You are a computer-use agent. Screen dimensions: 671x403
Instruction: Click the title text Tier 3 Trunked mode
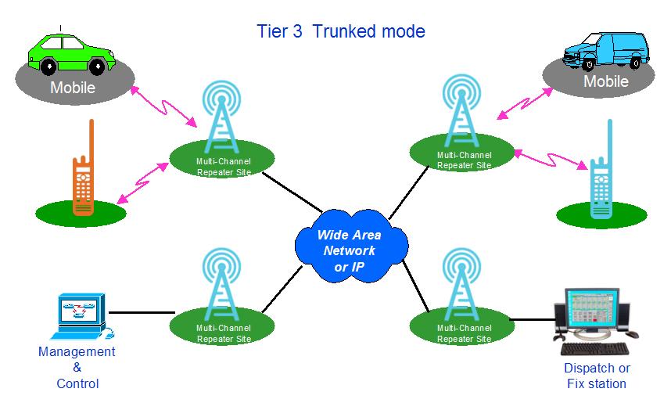click(x=341, y=31)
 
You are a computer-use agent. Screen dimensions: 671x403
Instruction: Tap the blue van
click(x=606, y=51)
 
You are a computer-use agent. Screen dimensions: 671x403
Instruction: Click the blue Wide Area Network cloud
click(x=351, y=246)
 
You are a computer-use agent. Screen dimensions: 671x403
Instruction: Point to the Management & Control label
click(x=77, y=368)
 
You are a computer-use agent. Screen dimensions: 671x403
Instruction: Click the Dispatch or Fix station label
click(x=597, y=376)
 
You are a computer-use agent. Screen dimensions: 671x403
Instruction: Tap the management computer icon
click(x=83, y=315)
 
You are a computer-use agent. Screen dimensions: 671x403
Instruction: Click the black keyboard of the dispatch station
click(x=595, y=348)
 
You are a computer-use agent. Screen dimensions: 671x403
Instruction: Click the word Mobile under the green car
click(x=73, y=88)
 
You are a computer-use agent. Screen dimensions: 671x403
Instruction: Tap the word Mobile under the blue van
click(x=606, y=81)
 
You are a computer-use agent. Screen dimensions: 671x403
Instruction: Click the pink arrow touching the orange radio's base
click(x=143, y=183)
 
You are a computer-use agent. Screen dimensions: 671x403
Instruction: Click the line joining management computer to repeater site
click(x=142, y=313)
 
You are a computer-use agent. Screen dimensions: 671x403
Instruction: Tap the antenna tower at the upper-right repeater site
click(x=461, y=111)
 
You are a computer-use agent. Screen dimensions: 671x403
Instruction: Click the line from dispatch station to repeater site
click(x=532, y=319)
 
